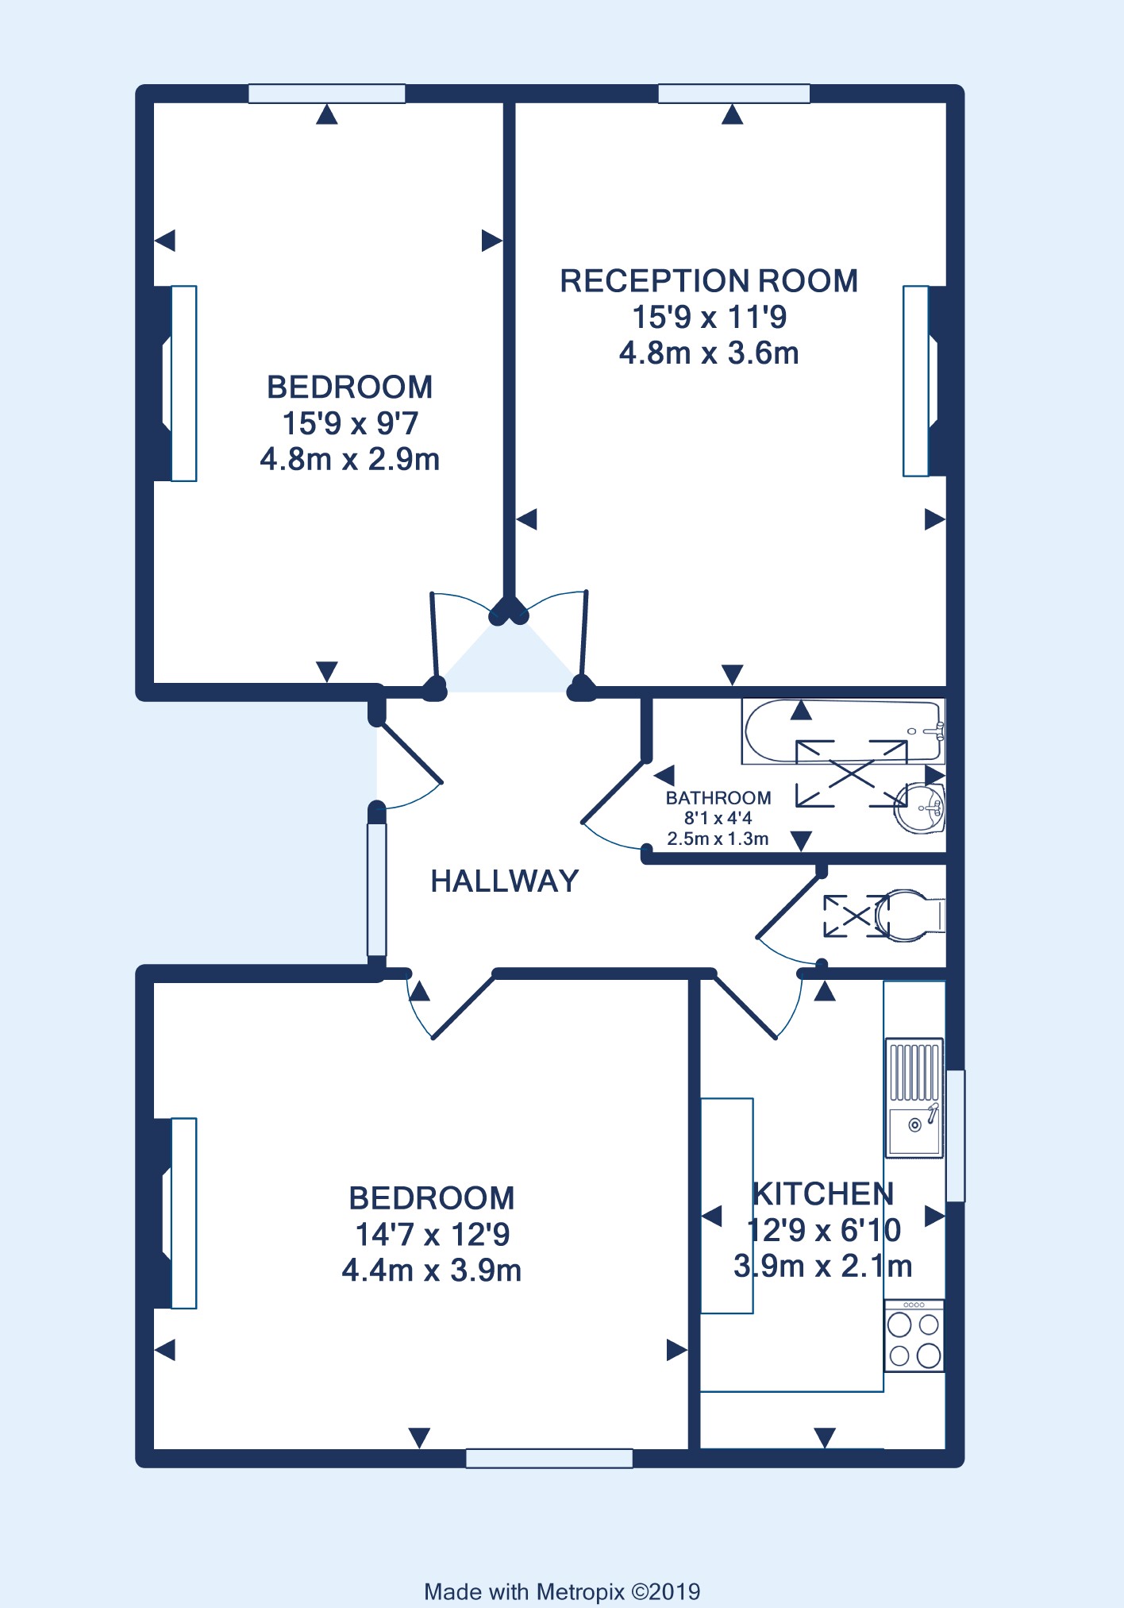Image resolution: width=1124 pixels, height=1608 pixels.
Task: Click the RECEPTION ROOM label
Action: [709, 281]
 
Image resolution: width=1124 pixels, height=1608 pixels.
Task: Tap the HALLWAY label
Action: [505, 881]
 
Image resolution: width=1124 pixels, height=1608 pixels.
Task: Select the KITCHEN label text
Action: [823, 1194]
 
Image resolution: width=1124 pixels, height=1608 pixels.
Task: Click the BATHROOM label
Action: [718, 798]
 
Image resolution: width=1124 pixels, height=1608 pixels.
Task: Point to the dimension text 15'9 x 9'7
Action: [350, 423]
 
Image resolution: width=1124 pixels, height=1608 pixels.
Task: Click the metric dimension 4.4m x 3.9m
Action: [432, 1271]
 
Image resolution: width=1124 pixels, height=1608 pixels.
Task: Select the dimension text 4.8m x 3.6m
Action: [709, 353]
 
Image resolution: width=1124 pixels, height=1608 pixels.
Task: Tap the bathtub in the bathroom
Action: [843, 731]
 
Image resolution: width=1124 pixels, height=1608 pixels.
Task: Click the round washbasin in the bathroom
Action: [919, 808]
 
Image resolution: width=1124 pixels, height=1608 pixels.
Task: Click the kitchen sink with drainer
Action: [914, 1098]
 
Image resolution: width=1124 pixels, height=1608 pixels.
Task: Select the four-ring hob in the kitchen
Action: [914, 1336]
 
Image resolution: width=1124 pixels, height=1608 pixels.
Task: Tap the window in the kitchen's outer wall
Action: [956, 1136]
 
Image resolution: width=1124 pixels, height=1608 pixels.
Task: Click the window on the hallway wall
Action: [377, 889]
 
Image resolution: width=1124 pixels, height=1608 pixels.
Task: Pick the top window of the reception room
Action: [734, 94]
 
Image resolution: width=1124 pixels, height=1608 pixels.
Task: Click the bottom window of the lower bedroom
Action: [549, 1458]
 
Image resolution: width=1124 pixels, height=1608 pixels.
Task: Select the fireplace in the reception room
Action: [925, 381]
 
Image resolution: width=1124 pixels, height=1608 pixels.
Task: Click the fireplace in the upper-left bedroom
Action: [175, 384]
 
